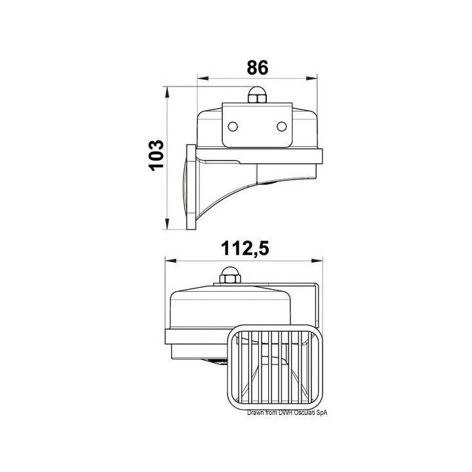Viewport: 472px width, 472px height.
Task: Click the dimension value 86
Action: click(257, 68)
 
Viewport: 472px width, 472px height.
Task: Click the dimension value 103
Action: click(157, 155)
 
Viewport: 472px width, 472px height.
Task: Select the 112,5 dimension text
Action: click(245, 249)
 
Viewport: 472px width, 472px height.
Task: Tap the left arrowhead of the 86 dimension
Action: click(203, 79)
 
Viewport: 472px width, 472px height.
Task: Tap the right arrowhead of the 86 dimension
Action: click(311, 79)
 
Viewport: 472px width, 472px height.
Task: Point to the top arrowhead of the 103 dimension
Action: click(167, 92)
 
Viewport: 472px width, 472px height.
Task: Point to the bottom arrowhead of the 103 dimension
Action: click(167, 224)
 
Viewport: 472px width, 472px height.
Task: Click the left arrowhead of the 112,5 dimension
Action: click(171, 261)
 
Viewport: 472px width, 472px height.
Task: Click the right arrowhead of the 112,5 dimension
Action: click(317, 261)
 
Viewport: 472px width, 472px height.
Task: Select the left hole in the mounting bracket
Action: click(233, 127)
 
